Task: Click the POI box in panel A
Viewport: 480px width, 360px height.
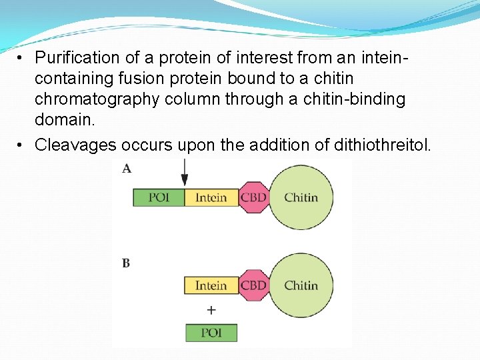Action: click(159, 197)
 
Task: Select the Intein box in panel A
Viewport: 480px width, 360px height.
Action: click(211, 197)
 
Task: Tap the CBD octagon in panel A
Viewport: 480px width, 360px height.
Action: click(253, 197)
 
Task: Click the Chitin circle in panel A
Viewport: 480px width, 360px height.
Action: click(301, 197)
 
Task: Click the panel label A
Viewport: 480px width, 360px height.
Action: click(127, 169)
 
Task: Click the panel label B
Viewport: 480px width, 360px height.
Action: click(126, 263)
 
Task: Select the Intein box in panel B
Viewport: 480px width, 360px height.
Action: click(211, 285)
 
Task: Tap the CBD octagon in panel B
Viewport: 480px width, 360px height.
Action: click(253, 285)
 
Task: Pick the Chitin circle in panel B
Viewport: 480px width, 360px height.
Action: click(301, 285)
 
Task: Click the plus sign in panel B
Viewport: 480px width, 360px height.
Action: click(211, 310)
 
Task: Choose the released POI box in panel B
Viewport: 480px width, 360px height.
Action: click(211, 333)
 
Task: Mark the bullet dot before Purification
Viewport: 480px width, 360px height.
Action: click(21, 57)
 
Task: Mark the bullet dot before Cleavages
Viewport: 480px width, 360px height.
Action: click(21, 144)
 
